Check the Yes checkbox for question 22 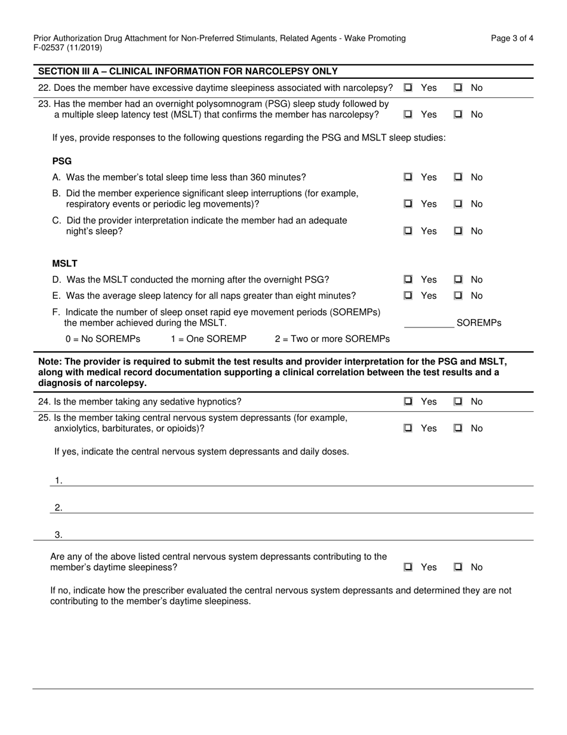pyautogui.click(x=408, y=88)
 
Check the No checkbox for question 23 pyautogui.click(x=458, y=115)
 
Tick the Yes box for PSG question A pyautogui.click(x=408, y=177)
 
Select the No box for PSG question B pyautogui.click(x=458, y=204)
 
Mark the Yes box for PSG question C pyautogui.click(x=408, y=231)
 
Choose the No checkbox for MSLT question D pyautogui.click(x=458, y=280)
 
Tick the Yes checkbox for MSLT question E pyautogui.click(x=408, y=296)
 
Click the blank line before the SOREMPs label pyautogui.click(x=429, y=323)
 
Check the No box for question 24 pyautogui.click(x=458, y=402)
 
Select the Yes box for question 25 pyautogui.click(x=408, y=428)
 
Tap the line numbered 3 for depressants pyautogui.click(x=292, y=535)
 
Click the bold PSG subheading pyautogui.click(x=62, y=161)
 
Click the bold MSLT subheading pyautogui.click(x=64, y=264)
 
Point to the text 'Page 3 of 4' pyautogui.click(x=512, y=38)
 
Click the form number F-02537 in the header pyautogui.click(x=51, y=48)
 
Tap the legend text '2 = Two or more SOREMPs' pyautogui.click(x=332, y=339)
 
